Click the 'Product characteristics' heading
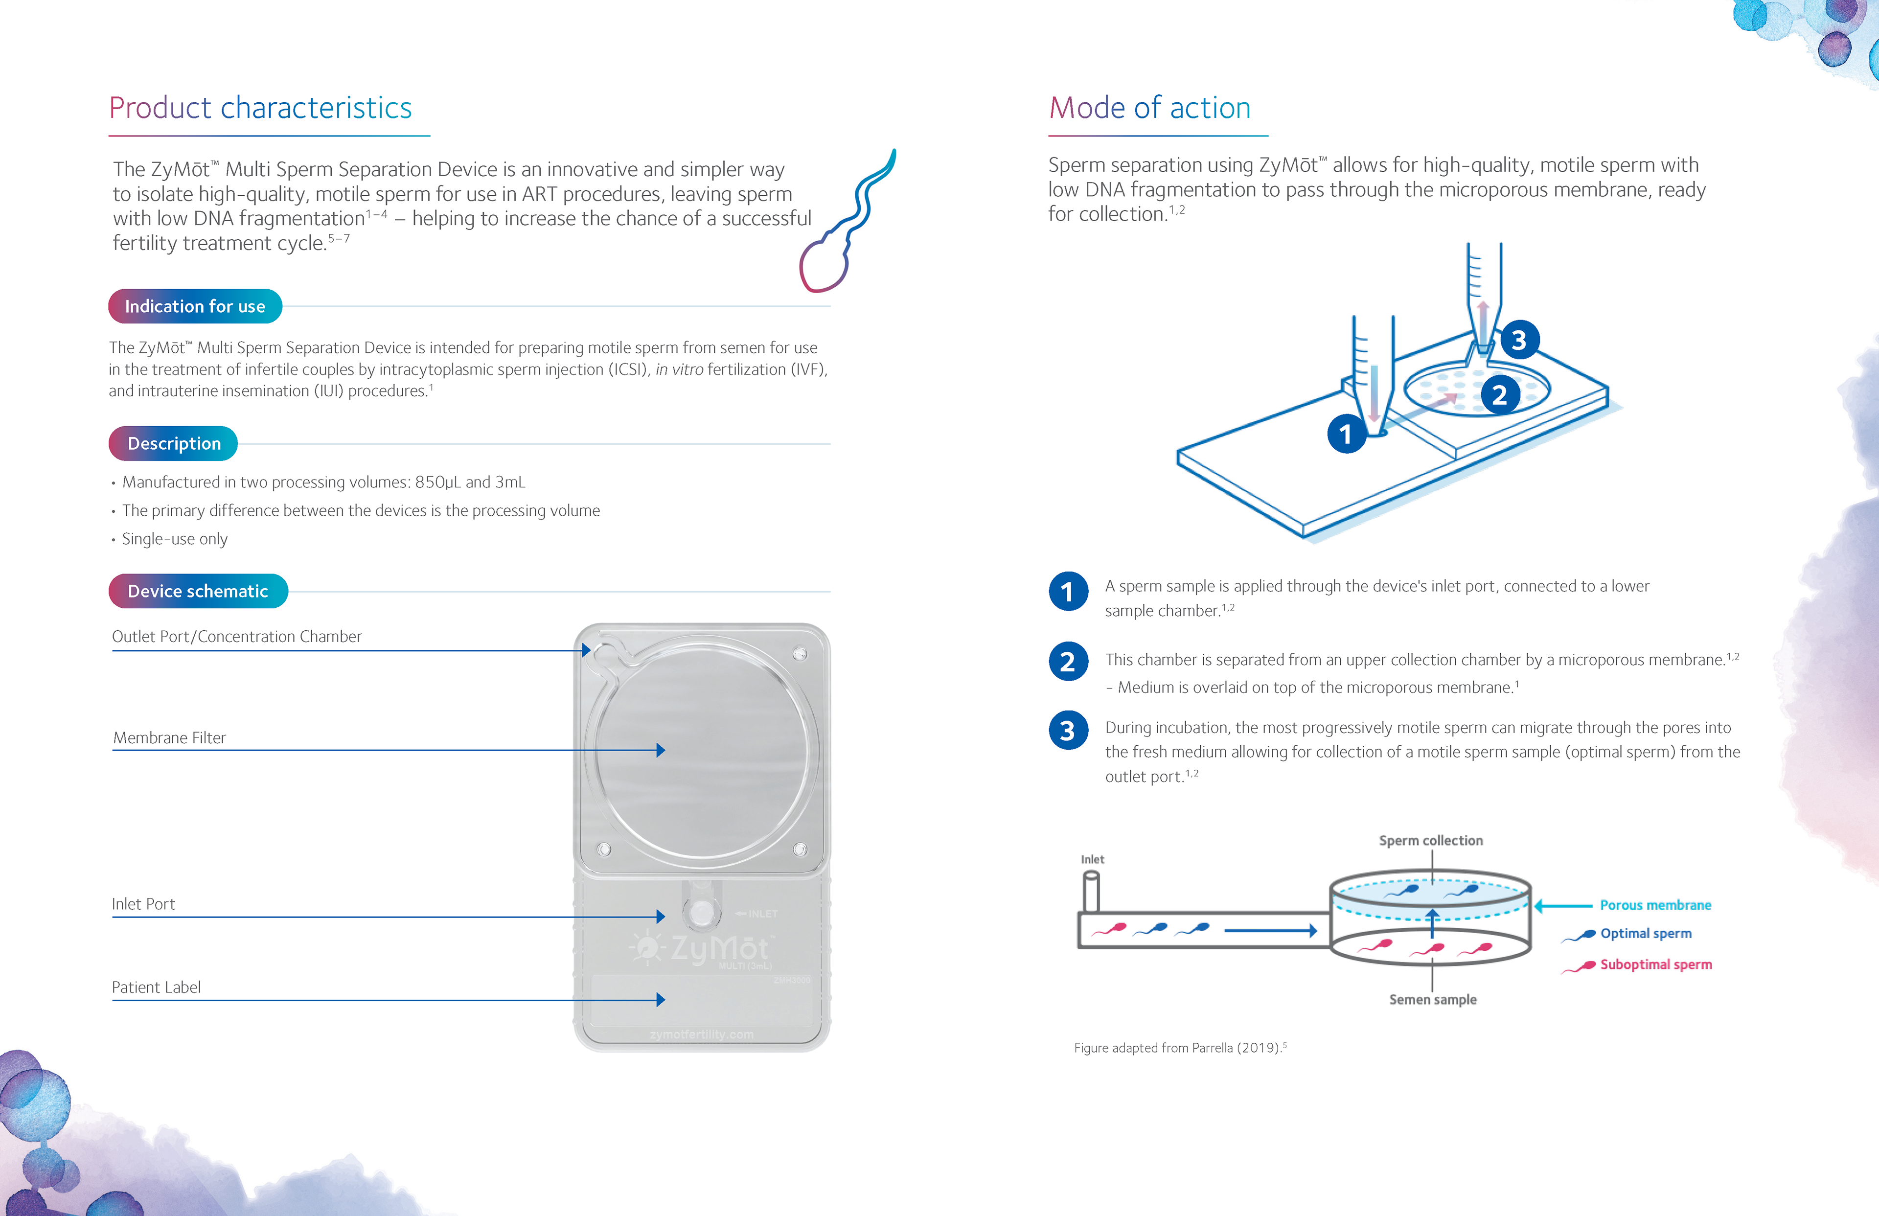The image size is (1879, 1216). tap(260, 108)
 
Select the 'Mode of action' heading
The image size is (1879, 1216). tap(1149, 108)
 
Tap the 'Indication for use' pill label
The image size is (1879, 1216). tap(195, 306)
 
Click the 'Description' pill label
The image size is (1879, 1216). tap(174, 444)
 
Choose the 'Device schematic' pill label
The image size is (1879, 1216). tap(198, 592)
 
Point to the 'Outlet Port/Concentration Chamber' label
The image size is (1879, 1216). tap(237, 637)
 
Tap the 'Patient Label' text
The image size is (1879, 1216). tap(156, 987)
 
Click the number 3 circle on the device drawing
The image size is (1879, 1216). tap(1519, 340)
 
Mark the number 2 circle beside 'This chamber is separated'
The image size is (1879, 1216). tap(1067, 662)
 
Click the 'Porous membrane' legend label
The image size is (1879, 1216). tap(1655, 905)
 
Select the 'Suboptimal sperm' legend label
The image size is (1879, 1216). tap(1655, 964)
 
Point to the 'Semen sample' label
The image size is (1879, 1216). tap(1432, 1000)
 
